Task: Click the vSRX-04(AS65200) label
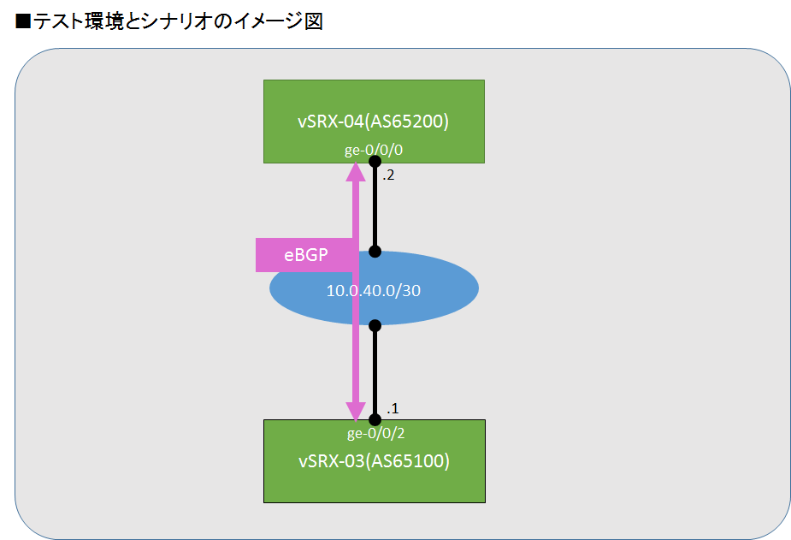tap(374, 121)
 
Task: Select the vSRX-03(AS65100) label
tap(374, 461)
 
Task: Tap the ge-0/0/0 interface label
tap(374, 150)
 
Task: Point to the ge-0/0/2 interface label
tap(374, 433)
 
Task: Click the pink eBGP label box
tap(306, 254)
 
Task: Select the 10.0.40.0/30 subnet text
tap(374, 290)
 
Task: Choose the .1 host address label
tap(393, 406)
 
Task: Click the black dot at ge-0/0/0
tap(374, 161)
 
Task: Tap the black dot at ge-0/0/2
tap(374, 419)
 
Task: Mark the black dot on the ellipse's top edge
tap(374, 252)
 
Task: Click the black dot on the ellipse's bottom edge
tap(374, 324)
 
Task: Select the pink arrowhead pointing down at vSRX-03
tap(355, 409)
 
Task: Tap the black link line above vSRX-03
tap(374, 372)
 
